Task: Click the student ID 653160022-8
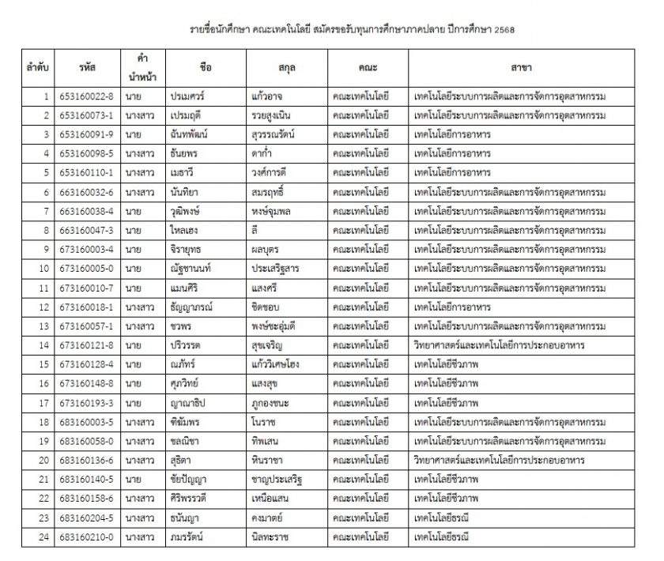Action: coord(86,96)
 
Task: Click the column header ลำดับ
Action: coord(37,69)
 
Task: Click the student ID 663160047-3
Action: coord(86,230)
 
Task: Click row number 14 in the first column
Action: coord(45,345)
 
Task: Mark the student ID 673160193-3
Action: coord(86,403)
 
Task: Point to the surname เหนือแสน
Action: coord(274,499)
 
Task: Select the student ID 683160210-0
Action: coord(86,537)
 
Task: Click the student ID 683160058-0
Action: coord(86,441)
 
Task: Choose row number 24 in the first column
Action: coord(45,537)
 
